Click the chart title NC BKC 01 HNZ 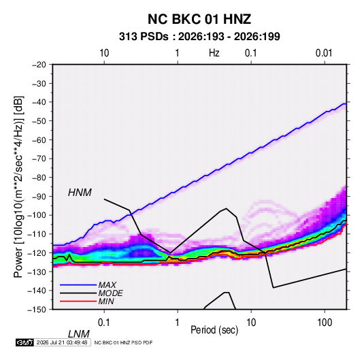199,19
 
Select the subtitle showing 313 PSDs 199,37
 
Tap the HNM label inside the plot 80,193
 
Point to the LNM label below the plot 79,334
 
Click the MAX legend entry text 107,285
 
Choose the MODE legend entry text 110,293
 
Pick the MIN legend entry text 106,301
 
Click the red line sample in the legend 78,301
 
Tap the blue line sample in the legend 78,285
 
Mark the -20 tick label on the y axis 39,65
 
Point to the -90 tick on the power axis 39,196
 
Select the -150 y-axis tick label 37,310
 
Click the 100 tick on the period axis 325,323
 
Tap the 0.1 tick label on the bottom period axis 104,323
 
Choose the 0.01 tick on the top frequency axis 324,53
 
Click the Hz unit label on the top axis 214,53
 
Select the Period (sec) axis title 214,330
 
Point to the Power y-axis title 18,186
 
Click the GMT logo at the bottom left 25,342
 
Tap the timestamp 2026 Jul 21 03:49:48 62,342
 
